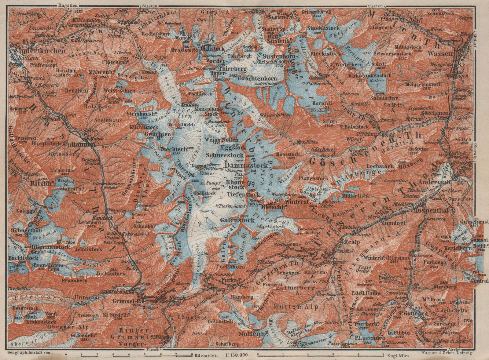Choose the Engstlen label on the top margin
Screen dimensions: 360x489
click(66, 5)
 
